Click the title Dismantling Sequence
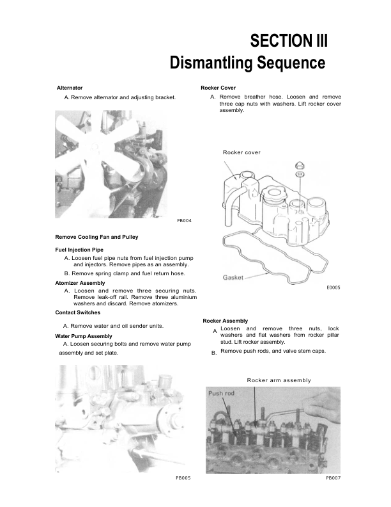coord(247,63)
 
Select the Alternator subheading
coord(70,87)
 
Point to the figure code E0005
coord(333,288)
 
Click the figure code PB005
coord(183,478)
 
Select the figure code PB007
coord(333,478)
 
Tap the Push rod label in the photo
coord(222,393)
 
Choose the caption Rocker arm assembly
coord(279,380)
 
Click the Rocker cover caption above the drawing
coord(241,152)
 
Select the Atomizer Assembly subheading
coord(80,282)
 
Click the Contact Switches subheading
coord(78,312)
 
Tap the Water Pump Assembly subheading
coord(84,335)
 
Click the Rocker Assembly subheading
coord(225,320)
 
